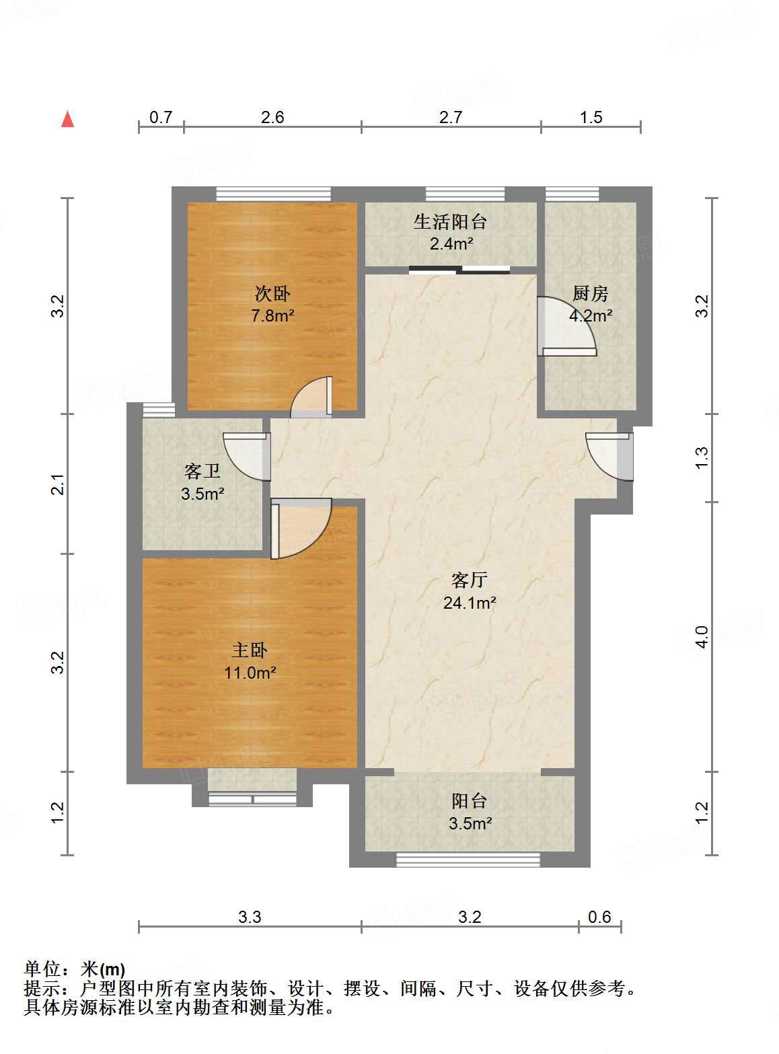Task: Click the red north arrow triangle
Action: point(67,119)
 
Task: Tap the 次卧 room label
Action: point(272,294)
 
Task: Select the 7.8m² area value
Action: point(273,315)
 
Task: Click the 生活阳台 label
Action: point(450,222)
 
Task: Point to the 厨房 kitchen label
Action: point(591,294)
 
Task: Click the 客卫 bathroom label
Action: point(202,472)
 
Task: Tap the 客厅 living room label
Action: point(470,580)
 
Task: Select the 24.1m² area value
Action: point(470,603)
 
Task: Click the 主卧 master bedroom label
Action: point(250,650)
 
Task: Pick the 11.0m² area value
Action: point(250,673)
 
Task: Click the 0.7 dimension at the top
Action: point(161,117)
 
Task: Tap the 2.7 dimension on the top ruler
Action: point(451,117)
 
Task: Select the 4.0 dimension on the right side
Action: point(702,637)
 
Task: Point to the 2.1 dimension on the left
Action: point(57,484)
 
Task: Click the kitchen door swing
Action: point(566,326)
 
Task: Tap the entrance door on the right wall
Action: point(609,457)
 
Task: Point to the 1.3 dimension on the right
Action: point(702,458)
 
